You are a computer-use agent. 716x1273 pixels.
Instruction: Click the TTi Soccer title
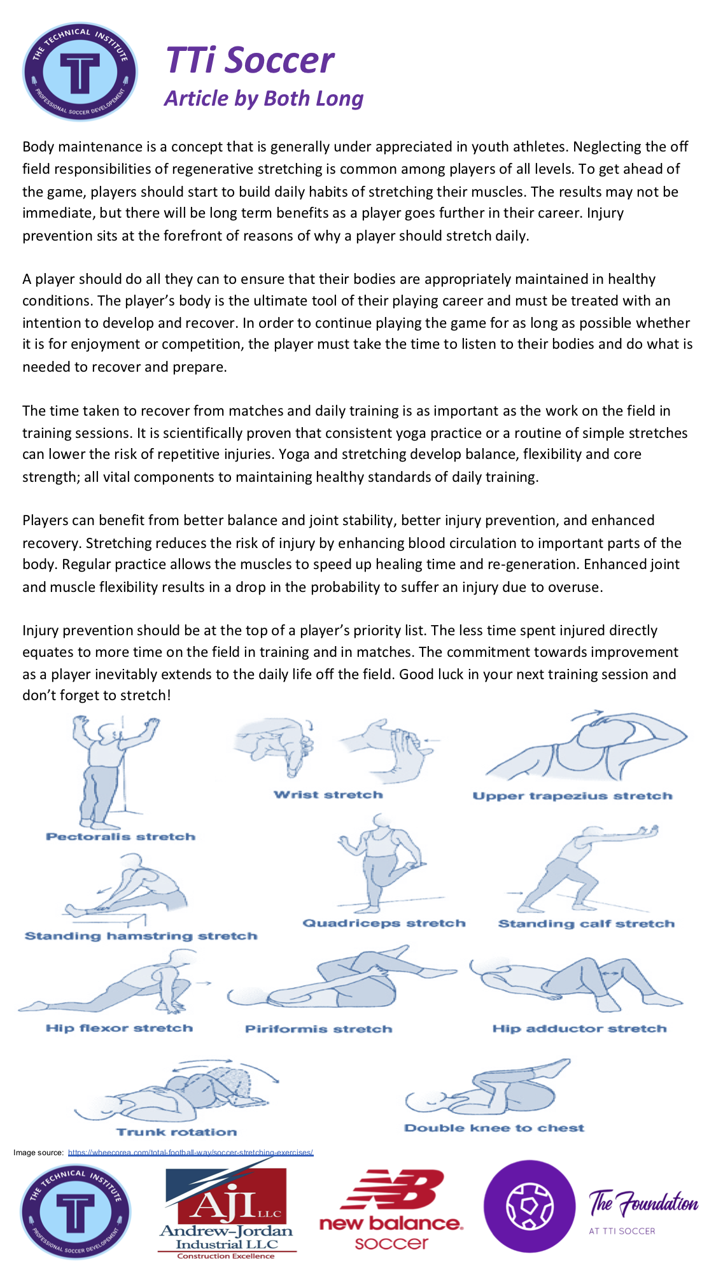(249, 60)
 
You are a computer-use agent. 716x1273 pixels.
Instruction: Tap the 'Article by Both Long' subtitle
(263, 99)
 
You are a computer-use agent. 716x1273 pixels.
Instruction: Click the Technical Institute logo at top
(80, 72)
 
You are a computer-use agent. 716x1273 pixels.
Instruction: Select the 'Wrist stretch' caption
(328, 794)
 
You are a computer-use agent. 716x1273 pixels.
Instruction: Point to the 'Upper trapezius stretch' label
(572, 796)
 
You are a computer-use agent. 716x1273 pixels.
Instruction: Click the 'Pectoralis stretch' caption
(120, 836)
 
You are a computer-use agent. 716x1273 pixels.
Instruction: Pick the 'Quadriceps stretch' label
(384, 923)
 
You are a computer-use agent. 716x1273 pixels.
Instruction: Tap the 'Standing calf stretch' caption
(586, 924)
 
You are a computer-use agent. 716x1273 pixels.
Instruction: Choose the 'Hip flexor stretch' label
(119, 1028)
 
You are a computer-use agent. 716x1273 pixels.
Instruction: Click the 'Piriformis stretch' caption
(318, 1029)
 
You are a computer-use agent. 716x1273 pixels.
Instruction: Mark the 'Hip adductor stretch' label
(579, 1029)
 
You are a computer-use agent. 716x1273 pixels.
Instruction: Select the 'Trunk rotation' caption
(176, 1132)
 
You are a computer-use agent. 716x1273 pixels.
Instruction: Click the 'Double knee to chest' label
(494, 1128)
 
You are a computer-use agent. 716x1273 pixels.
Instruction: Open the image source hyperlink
(190, 1152)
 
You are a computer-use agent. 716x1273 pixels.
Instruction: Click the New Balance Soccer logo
(391, 1209)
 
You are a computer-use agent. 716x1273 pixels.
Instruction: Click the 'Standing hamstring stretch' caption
(141, 936)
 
